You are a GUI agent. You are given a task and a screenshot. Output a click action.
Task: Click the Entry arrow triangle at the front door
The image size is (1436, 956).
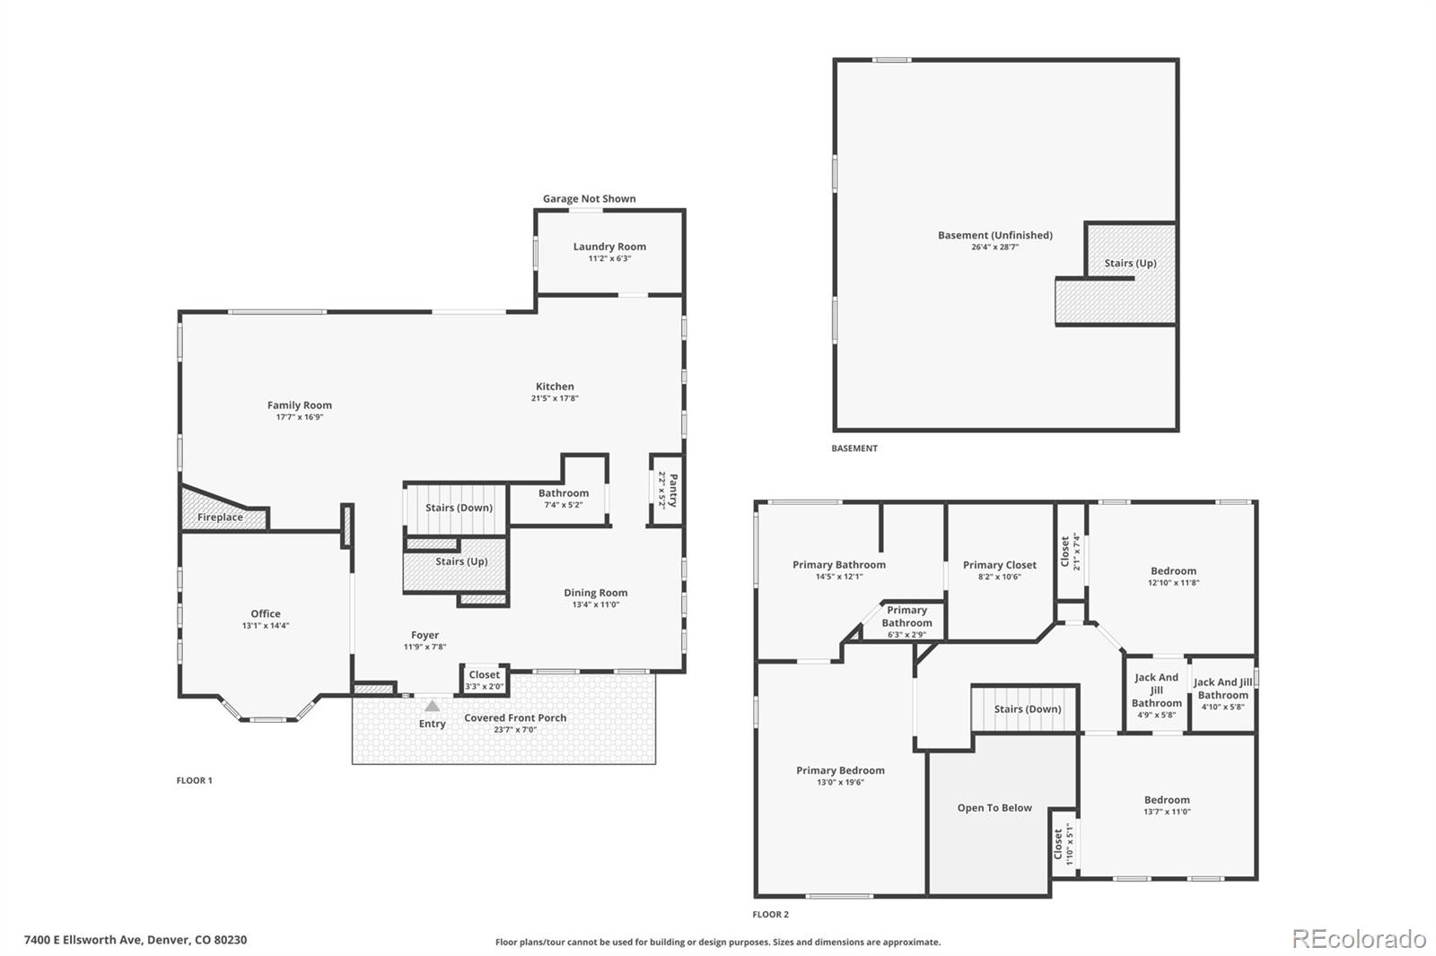coord(432,706)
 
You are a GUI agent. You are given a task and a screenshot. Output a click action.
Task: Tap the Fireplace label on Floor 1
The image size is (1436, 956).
coord(220,517)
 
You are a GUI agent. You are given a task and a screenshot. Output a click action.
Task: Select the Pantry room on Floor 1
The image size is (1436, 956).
coord(666,491)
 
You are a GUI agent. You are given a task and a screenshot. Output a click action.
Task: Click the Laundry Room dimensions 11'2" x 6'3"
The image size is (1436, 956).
coord(609,259)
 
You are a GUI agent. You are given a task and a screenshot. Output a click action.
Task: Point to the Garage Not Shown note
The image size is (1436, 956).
coord(589,198)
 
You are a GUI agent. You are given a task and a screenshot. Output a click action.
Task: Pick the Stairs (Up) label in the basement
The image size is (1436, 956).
coord(1130,264)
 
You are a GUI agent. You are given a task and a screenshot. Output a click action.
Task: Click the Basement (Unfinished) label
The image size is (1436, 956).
coord(995,235)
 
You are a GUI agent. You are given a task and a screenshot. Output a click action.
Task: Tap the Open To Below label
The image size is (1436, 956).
coord(994,808)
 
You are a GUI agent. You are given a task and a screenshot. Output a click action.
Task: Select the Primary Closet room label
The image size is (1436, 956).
coord(1000,565)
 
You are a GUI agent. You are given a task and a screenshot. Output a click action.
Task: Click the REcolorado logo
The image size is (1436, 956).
coord(1359,939)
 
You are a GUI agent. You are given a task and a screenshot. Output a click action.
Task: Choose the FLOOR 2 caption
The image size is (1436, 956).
coord(771,915)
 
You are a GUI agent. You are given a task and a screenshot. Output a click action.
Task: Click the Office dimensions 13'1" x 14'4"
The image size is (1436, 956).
coord(266,626)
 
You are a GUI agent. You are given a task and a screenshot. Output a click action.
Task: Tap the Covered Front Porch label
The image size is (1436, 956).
coord(515,717)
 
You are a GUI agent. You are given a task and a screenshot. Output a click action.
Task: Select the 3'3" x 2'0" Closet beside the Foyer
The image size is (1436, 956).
coord(485,680)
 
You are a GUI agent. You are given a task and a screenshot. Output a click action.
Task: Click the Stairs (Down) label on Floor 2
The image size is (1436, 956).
coord(1028,708)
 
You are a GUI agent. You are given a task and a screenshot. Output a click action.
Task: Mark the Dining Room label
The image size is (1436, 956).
coord(596,593)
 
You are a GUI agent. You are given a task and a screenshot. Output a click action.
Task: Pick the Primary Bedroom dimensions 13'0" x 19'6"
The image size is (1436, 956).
coord(840,782)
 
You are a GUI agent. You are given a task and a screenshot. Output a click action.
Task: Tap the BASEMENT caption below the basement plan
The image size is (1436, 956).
coord(854,448)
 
